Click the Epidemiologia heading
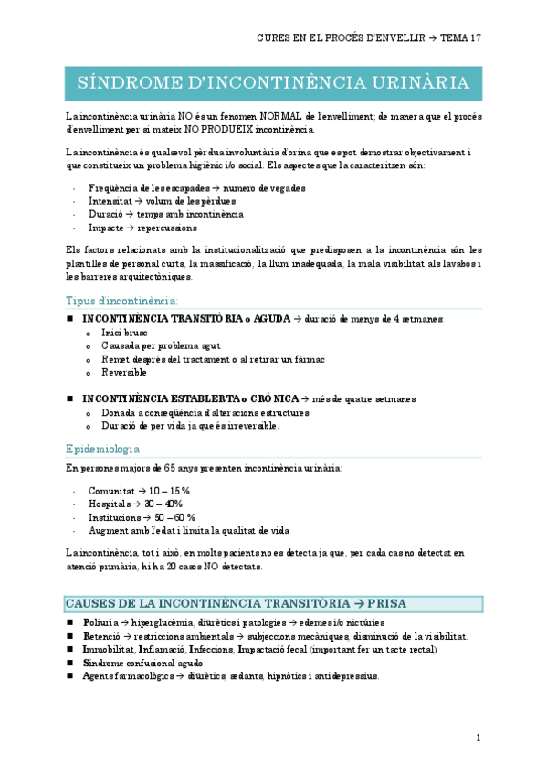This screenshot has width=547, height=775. click(x=103, y=449)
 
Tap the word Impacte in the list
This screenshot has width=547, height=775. click(x=106, y=228)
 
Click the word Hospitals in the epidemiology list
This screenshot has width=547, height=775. click(x=110, y=504)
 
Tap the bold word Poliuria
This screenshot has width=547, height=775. click(x=102, y=622)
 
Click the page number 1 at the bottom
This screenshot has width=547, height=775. click(x=479, y=738)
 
